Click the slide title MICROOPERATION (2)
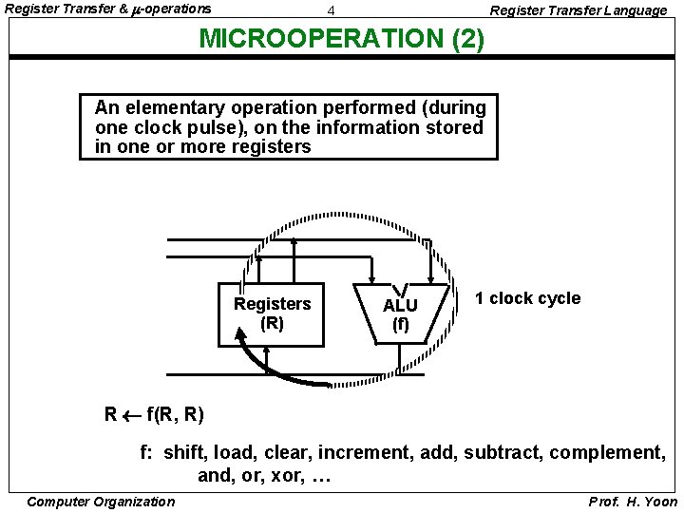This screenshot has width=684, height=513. [341, 40]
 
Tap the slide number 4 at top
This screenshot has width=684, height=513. [330, 10]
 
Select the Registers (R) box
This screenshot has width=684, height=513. [272, 313]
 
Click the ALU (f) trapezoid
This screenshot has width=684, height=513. [400, 313]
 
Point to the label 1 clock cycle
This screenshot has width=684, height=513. [527, 298]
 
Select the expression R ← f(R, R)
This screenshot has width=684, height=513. [154, 414]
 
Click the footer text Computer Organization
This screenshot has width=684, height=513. [101, 502]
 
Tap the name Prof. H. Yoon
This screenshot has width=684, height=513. [633, 502]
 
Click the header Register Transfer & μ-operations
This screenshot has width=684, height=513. [108, 9]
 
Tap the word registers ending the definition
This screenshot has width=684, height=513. [270, 147]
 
